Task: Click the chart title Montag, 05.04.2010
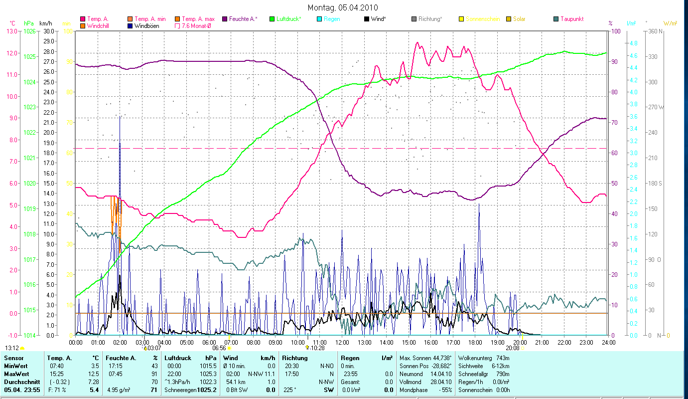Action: point(343,7)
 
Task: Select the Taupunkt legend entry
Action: point(571,19)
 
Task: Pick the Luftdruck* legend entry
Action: point(288,19)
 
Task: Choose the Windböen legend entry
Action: point(146,25)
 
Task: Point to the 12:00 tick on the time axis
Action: point(342,343)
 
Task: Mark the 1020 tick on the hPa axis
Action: point(29,183)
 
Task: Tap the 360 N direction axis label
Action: point(654,31)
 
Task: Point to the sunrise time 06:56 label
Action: point(219,348)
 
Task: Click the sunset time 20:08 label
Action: point(512,348)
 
